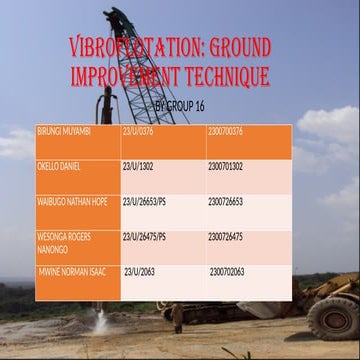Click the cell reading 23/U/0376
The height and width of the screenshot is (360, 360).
[139, 129]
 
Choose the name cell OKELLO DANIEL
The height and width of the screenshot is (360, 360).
[60, 164]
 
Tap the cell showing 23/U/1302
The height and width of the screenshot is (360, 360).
[139, 164]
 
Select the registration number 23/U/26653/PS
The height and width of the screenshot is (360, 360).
[146, 200]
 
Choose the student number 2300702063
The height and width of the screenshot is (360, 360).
[233, 271]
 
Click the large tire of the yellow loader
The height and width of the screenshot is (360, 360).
[331, 317]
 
